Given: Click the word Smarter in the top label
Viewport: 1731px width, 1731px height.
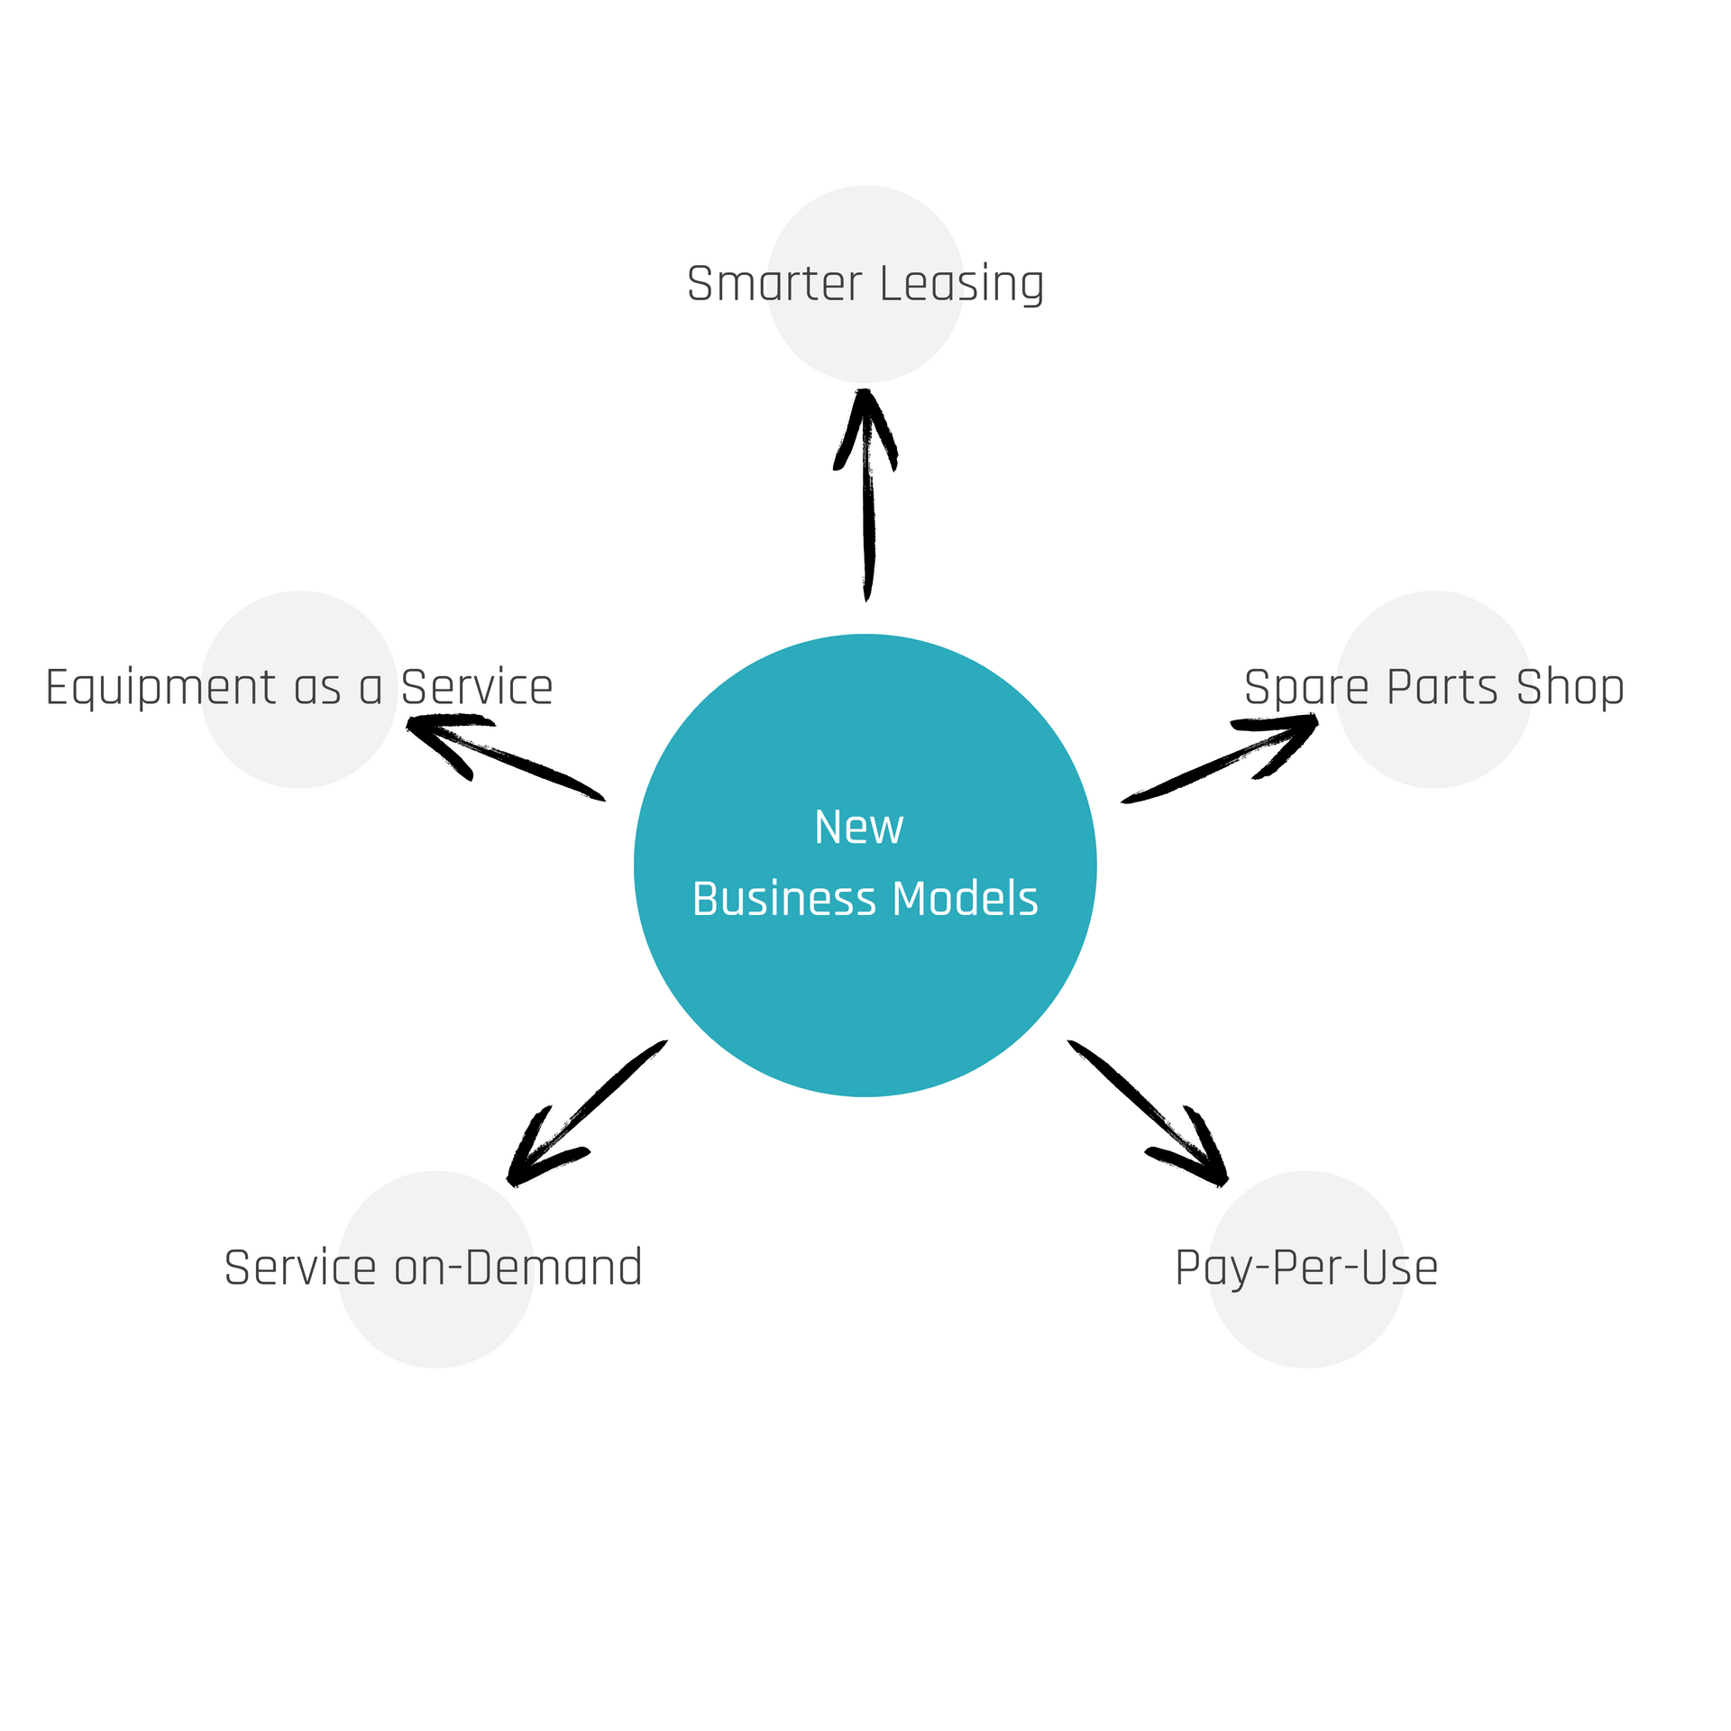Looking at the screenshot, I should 774,283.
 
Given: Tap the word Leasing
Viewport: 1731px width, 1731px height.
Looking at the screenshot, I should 961,285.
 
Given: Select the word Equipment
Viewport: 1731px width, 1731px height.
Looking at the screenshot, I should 160,689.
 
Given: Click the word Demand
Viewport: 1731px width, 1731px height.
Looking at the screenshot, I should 554,1268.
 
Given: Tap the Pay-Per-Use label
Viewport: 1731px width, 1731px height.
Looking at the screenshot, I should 1306,1268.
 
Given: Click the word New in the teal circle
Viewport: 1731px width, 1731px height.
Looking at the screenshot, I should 858,827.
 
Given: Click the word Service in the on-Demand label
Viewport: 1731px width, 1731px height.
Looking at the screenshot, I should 299,1268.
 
